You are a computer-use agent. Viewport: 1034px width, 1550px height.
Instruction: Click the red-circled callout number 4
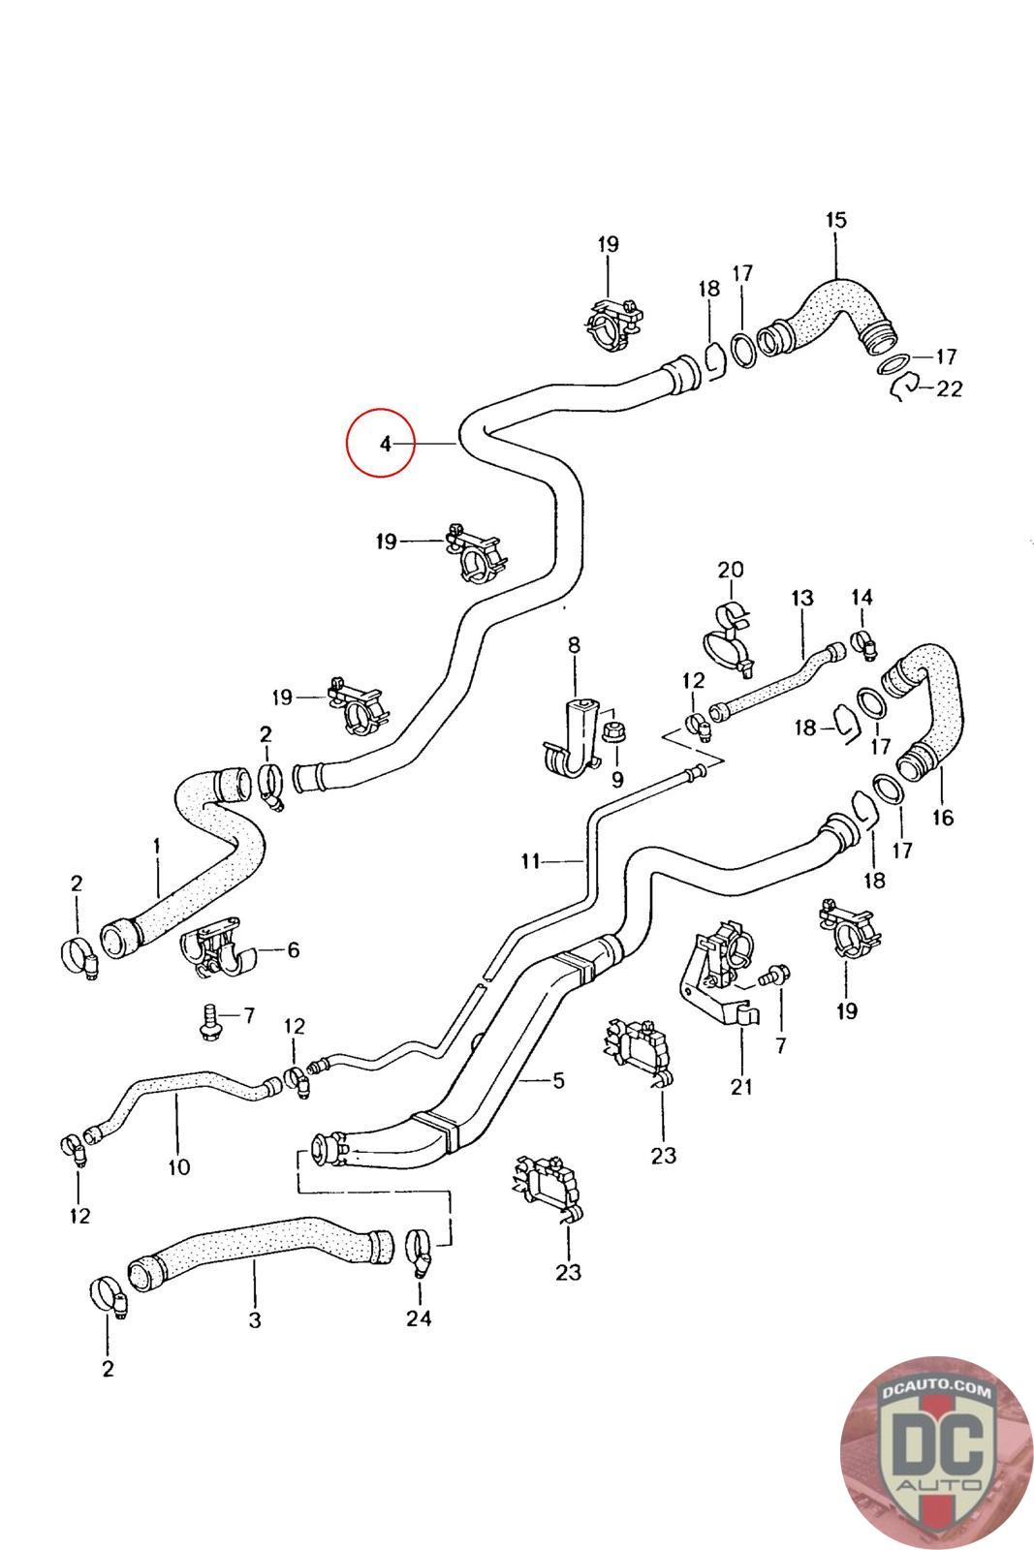click(385, 444)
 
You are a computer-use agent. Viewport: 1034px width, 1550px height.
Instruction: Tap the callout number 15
click(835, 220)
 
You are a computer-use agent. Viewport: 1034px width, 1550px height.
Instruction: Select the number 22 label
click(950, 388)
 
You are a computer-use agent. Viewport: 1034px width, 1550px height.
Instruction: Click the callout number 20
click(730, 569)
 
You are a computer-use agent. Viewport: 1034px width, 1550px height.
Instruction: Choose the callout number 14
click(862, 598)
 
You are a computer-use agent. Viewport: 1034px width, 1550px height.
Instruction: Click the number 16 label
click(942, 817)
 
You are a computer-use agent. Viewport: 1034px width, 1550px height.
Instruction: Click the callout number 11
click(530, 859)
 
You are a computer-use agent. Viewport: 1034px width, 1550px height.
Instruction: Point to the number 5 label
click(558, 1079)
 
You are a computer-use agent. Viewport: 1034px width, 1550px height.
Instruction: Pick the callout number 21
click(741, 1086)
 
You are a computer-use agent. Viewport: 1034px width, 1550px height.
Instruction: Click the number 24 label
click(419, 1317)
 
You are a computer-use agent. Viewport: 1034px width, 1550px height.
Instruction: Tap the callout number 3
click(255, 1319)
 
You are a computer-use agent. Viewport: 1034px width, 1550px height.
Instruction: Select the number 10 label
click(179, 1166)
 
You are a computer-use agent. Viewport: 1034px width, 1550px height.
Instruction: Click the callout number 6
click(293, 950)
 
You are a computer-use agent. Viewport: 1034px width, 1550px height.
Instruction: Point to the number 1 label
click(157, 846)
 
